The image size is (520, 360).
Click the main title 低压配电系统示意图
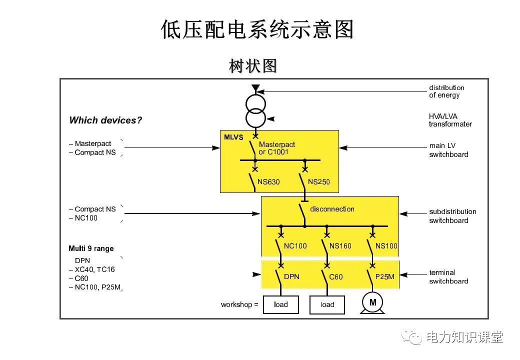pyautogui.click(x=257, y=29)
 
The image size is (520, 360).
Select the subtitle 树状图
pyautogui.click(x=253, y=65)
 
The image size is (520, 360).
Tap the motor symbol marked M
pyautogui.click(x=372, y=302)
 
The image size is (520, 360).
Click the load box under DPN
pyautogui.click(x=281, y=304)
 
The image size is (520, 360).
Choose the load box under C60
pyautogui.click(x=327, y=304)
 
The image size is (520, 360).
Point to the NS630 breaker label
pyautogui.click(x=269, y=182)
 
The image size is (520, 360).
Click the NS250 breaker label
pyautogui.click(x=319, y=182)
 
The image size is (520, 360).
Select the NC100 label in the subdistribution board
pyautogui.click(x=295, y=246)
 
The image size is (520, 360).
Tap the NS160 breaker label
pyautogui.click(x=340, y=246)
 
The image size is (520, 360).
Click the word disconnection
pyautogui.click(x=332, y=209)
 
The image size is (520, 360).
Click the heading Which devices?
pyautogui.click(x=105, y=120)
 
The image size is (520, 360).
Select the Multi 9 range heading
pyautogui.click(x=91, y=248)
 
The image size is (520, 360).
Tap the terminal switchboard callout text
pyautogui.click(x=448, y=276)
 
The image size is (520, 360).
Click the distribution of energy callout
pyautogui.click(x=446, y=91)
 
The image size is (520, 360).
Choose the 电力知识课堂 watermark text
pyautogui.click(x=463, y=337)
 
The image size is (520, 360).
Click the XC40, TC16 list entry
pyautogui.click(x=94, y=269)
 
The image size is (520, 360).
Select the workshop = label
pyautogui.click(x=239, y=304)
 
